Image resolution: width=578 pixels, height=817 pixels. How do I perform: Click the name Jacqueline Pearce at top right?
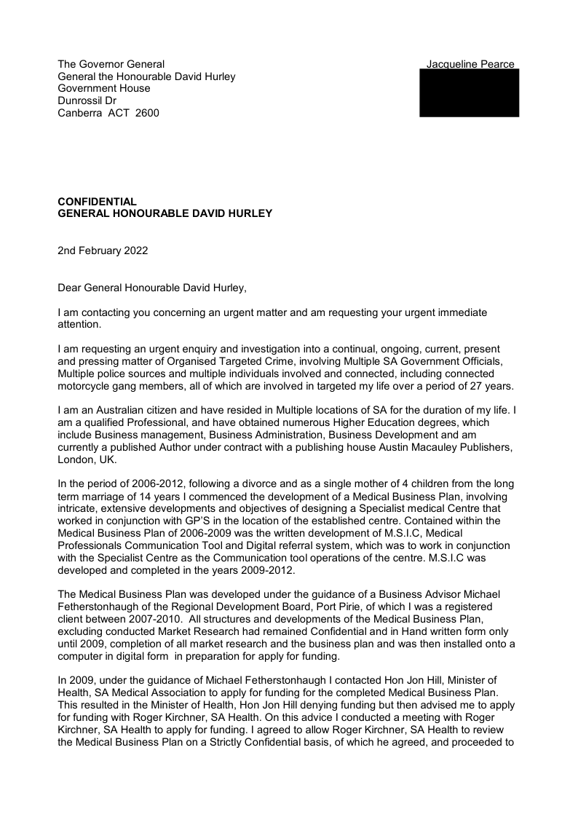[470, 64]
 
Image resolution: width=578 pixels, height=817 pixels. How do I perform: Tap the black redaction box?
[469, 93]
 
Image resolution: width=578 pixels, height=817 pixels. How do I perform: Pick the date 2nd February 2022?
[103, 250]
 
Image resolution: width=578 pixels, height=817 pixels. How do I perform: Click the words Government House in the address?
[104, 88]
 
